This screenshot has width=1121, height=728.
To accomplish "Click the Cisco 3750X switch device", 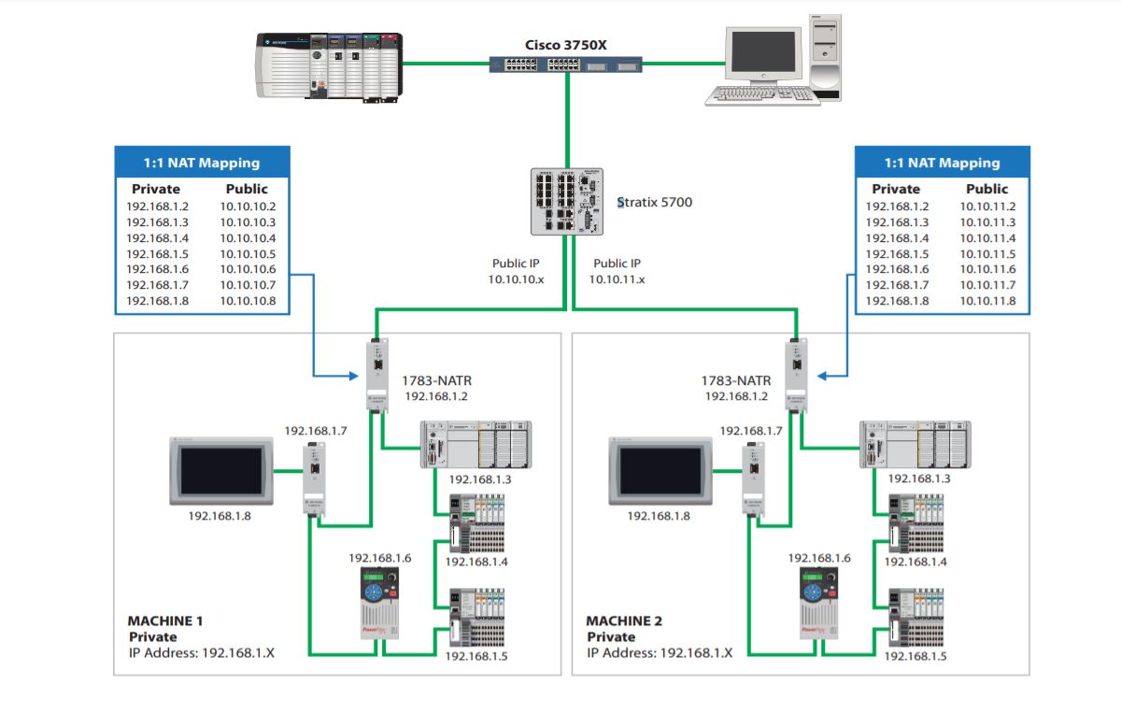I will pyautogui.click(x=566, y=64).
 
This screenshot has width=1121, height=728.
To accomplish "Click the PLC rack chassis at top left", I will pyautogui.click(x=329, y=67).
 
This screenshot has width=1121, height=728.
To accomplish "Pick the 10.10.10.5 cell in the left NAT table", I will pyautogui.click(x=248, y=254).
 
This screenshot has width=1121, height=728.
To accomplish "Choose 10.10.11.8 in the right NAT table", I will pyautogui.click(x=987, y=301).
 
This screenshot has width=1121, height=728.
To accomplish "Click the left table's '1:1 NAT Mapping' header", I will pyautogui.click(x=202, y=163).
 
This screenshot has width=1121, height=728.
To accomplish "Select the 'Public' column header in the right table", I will pyautogui.click(x=987, y=189).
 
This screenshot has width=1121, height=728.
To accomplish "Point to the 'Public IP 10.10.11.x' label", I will pyautogui.click(x=617, y=271).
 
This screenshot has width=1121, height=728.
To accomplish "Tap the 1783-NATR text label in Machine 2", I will pyautogui.click(x=736, y=380).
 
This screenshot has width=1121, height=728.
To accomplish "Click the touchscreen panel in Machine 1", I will pyautogui.click(x=220, y=469).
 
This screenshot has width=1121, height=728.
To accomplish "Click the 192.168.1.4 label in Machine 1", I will pyautogui.click(x=476, y=562).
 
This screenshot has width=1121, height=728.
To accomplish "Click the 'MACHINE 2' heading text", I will pyautogui.click(x=623, y=621).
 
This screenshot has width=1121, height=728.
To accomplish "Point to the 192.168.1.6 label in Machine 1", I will pyautogui.click(x=380, y=558).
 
